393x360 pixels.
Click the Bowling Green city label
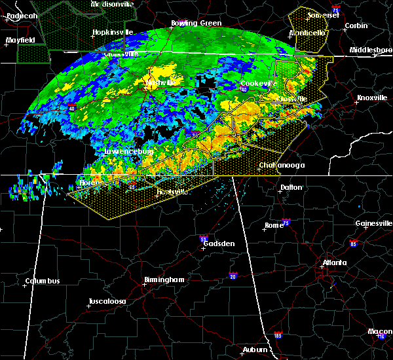point(196,24)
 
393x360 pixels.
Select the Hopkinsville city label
point(113,32)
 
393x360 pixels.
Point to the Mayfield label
point(19,41)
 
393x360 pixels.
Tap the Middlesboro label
point(370,50)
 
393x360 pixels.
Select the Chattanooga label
point(282,166)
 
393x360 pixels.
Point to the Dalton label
point(291,187)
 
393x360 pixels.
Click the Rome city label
point(274,226)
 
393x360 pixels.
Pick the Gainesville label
point(374,223)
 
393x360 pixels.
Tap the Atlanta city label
point(334,264)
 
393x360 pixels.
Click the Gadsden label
point(219,243)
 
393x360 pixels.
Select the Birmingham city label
point(164,279)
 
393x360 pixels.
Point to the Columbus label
point(43,281)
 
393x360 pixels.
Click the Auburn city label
point(256,350)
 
